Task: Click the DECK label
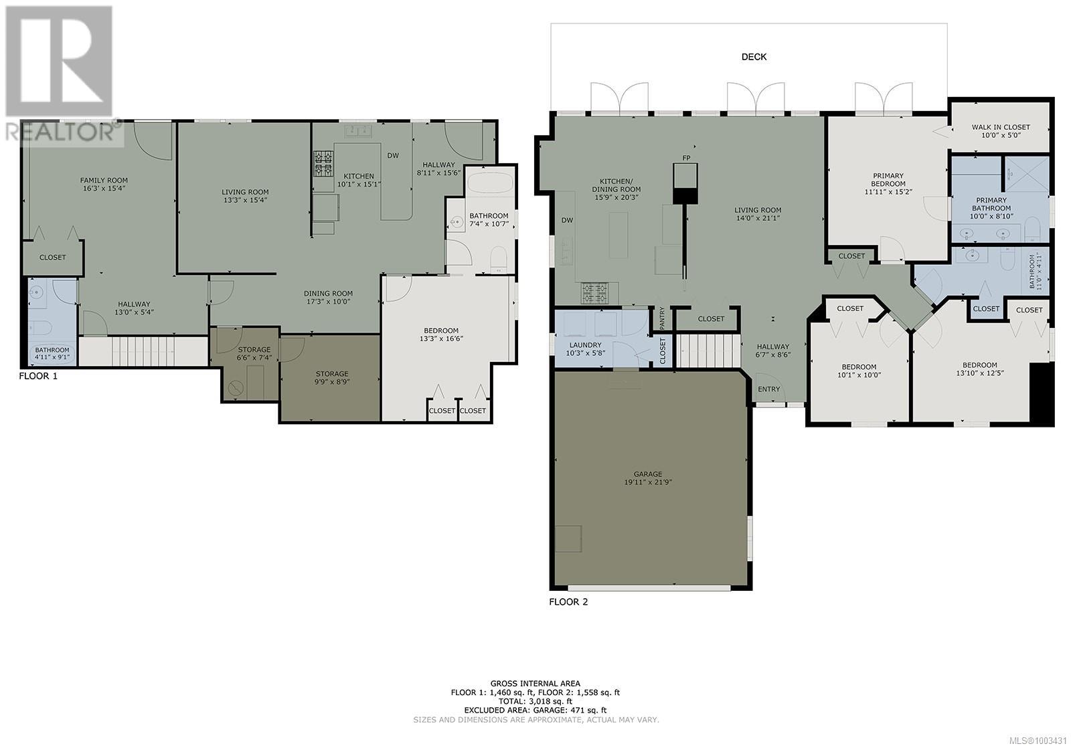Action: (x=754, y=57)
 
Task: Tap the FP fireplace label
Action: (x=686, y=158)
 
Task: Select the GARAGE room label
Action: (x=648, y=474)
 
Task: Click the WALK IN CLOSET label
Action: (x=1001, y=127)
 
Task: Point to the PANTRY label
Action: (x=662, y=318)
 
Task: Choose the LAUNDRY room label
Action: (x=585, y=345)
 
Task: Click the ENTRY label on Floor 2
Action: (x=768, y=389)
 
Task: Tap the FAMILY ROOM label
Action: (x=104, y=180)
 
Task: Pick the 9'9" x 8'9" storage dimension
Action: (x=332, y=382)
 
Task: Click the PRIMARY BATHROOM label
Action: (x=991, y=204)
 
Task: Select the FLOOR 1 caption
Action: (x=38, y=376)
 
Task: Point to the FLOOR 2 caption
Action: (x=568, y=601)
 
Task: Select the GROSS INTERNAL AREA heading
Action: (x=535, y=684)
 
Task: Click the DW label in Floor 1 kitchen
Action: (x=393, y=155)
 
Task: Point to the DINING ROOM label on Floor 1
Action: (x=328, y=294)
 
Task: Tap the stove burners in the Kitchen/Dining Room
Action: (x=595, y=293)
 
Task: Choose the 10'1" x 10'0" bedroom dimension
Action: (x=859, y=375)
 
